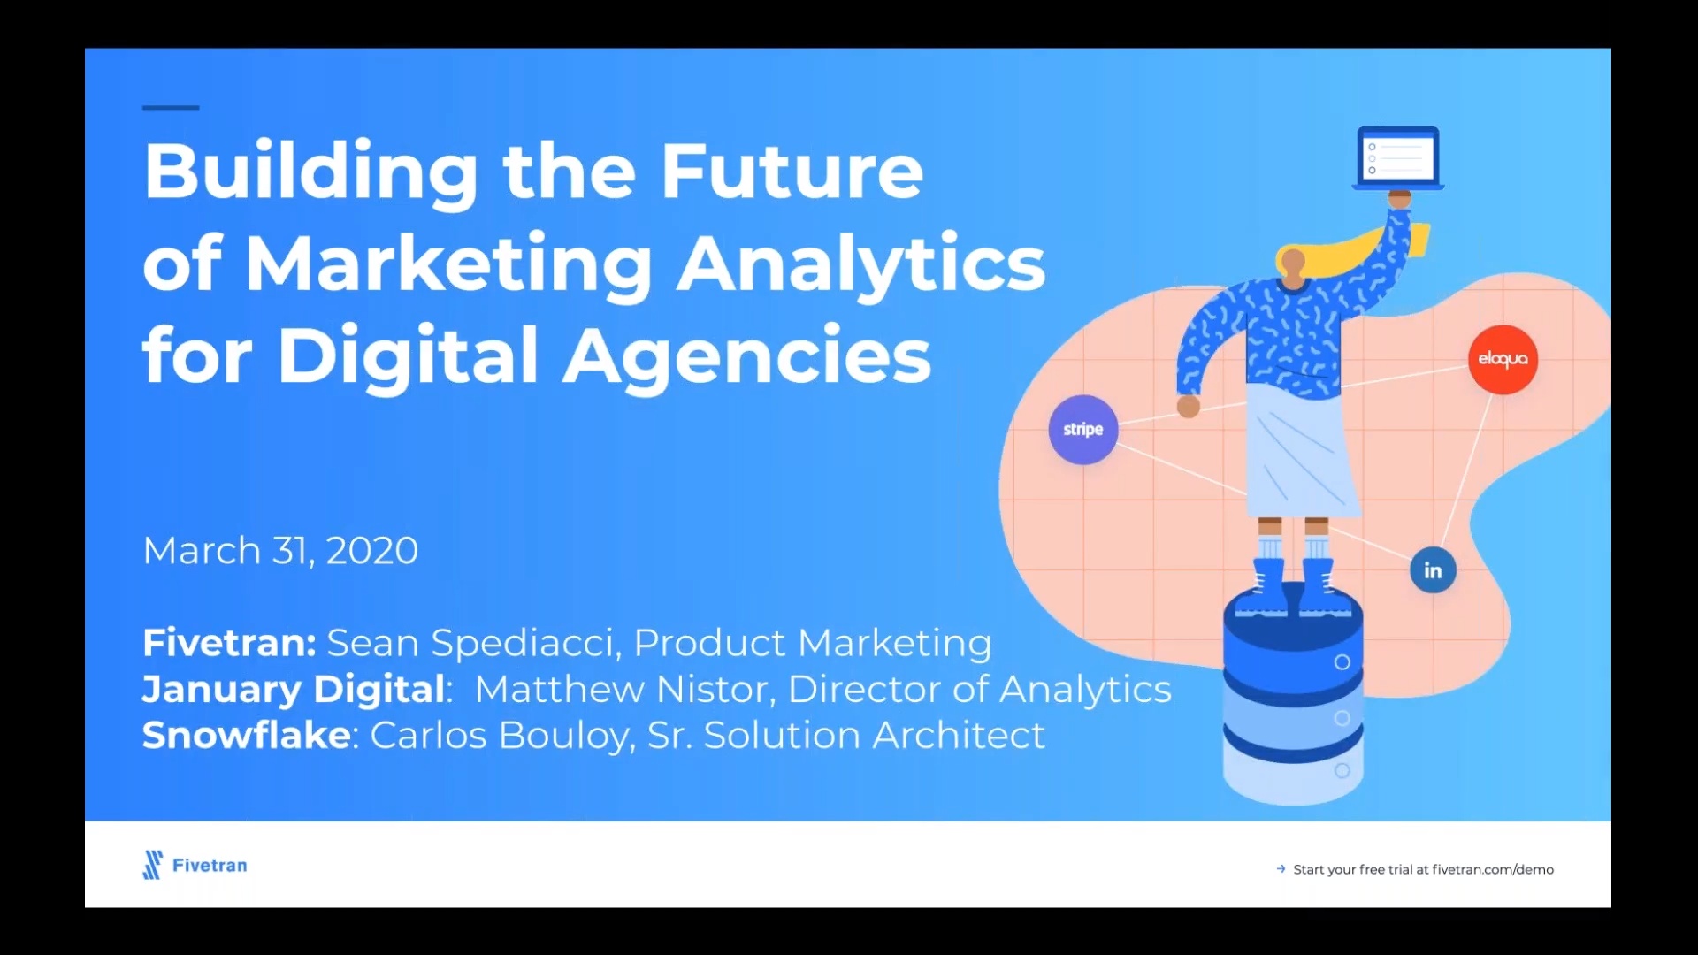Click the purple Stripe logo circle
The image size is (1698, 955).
tap(1082, 430)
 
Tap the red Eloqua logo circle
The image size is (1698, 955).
tap(1503, 359)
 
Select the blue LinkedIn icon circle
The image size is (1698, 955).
tap(1433, 570)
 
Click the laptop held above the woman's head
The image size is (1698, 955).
tap(1398, 158)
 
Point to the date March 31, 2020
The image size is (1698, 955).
tap(280, 551)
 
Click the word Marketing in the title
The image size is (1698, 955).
tap(448, 264)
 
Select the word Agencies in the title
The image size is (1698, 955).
tap(746, 355)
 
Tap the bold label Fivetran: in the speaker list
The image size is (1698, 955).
tap(229, 643)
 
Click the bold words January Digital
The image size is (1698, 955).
tap(294, 690)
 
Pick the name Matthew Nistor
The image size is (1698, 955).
tap(624, 690)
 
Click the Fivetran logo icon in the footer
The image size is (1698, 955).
tap(153, 865)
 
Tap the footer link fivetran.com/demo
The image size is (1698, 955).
tap(1492, 869)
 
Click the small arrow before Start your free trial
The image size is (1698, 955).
tap(1281, 869)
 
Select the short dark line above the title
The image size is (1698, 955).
tap(171, 108)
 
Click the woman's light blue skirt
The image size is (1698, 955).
tap(1300, 455)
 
